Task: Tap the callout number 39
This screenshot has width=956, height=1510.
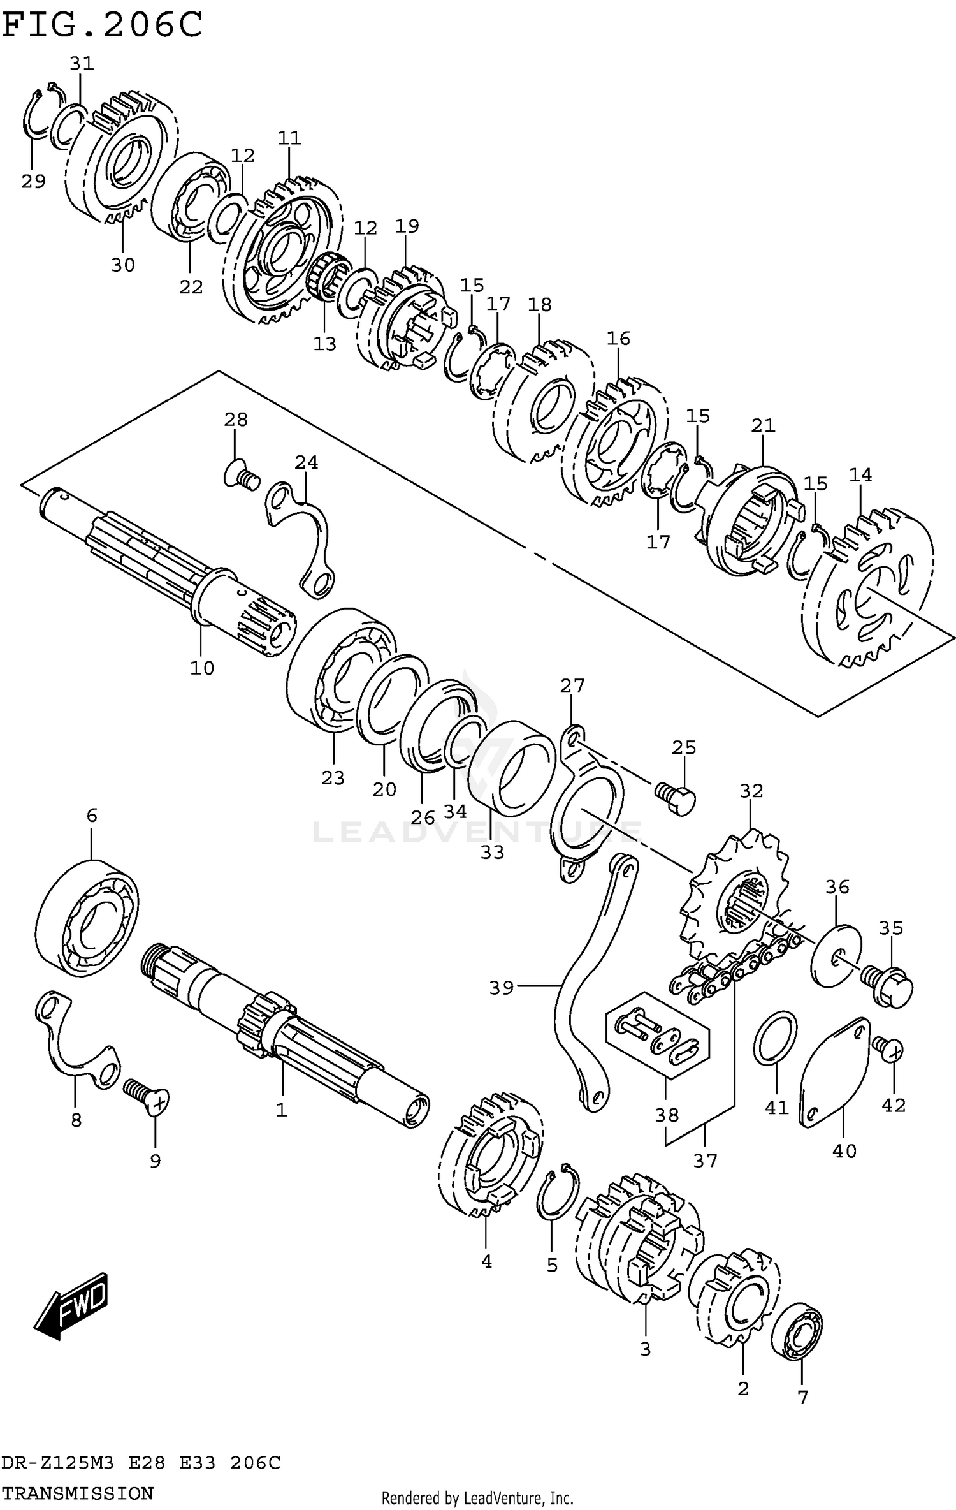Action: point(501,988)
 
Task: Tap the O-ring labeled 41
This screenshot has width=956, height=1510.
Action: point(775,1037)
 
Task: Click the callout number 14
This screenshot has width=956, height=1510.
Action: point(860,474)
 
